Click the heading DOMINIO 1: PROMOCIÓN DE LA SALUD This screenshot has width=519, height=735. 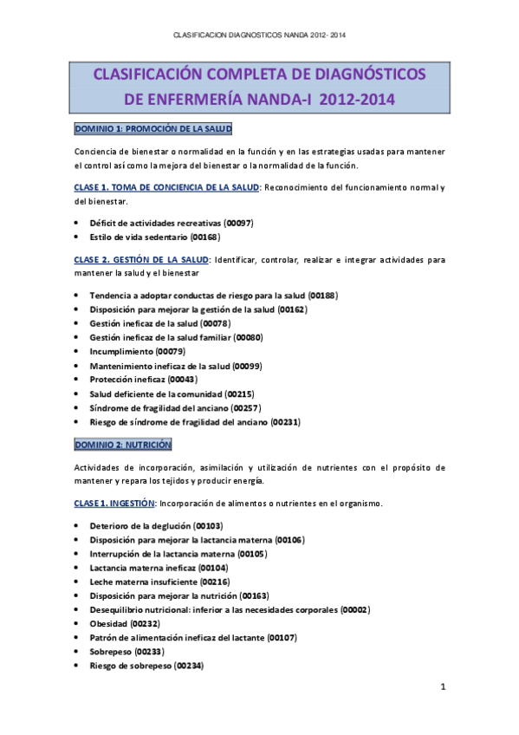pos(152,128)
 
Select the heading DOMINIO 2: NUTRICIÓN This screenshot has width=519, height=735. pos(123,444)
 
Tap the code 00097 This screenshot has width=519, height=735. pos(238,223)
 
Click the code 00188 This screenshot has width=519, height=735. pos(322,296)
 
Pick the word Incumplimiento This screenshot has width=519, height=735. pos(120,352)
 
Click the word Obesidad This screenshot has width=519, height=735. pos(108,623)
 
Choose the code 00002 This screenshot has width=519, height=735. pos(355,609)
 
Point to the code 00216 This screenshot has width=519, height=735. pos(215,582)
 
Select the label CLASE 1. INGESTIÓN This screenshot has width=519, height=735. pos(114,503)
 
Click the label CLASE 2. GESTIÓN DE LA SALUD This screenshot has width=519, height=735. pos(141,259)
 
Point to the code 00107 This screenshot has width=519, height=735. pos(282,637)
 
